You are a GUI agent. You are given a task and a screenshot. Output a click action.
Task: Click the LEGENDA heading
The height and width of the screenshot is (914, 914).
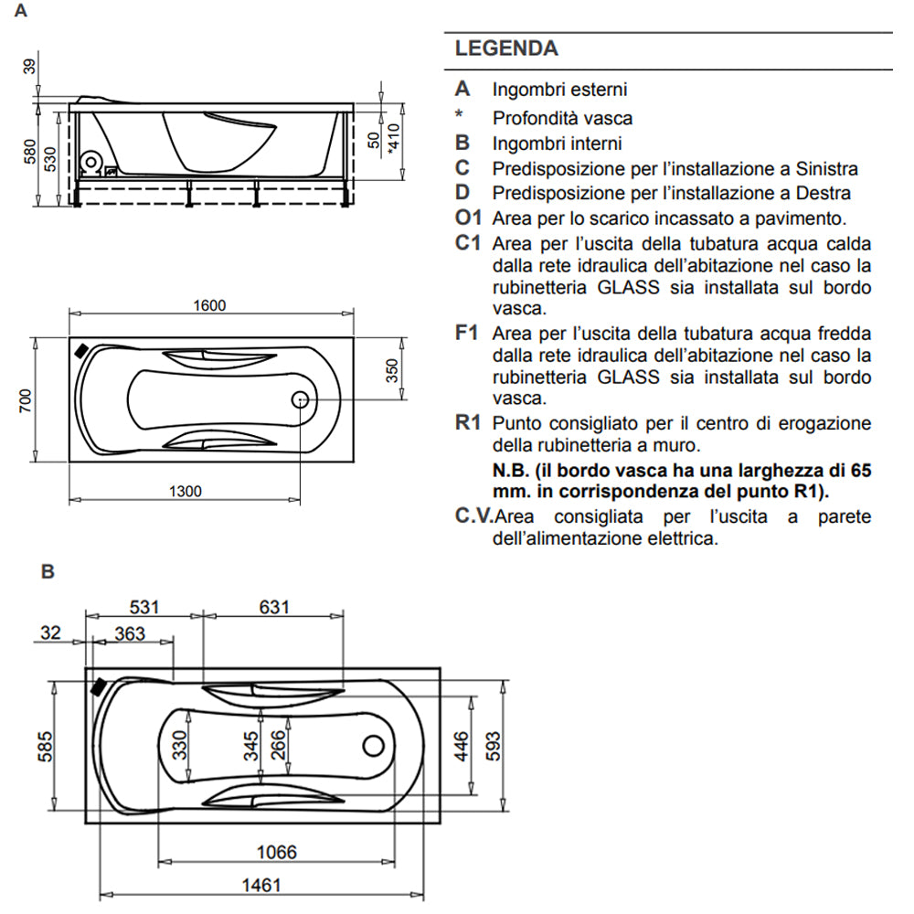point(506,48)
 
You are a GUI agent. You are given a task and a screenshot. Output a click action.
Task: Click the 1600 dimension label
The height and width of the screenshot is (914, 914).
point(209,305)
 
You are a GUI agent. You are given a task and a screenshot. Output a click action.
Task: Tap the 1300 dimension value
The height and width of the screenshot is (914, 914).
point(185,492)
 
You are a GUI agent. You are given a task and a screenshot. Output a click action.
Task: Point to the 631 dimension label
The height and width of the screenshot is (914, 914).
point(272,607)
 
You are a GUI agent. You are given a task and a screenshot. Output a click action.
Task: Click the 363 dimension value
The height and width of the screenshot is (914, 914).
point(130,633)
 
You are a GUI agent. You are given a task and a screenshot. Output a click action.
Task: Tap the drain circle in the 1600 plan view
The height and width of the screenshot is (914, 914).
point(301,399)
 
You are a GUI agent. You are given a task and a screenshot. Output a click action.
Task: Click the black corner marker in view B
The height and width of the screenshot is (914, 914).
point(98,685)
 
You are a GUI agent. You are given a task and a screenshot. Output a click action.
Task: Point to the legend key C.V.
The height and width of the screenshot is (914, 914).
point(473,516)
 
